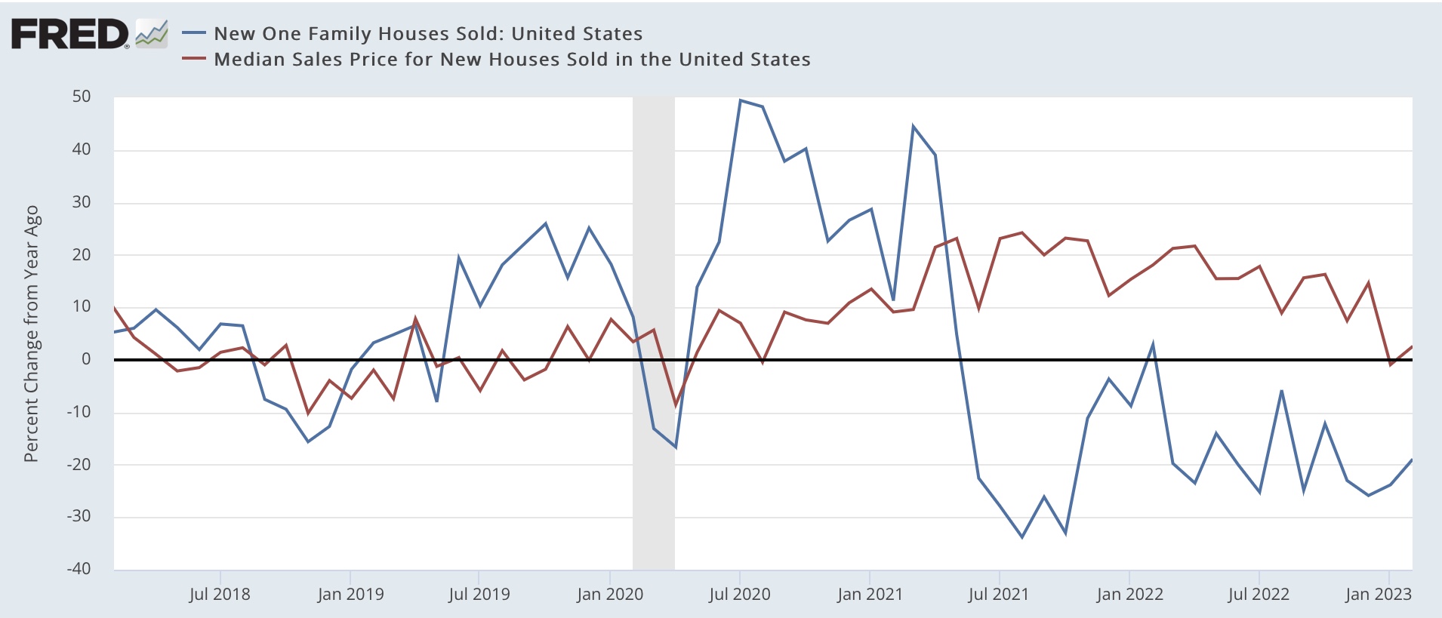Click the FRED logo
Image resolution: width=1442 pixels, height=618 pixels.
69,34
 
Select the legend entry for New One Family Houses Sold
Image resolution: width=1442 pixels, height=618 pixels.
427,34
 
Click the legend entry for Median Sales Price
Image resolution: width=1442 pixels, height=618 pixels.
511,60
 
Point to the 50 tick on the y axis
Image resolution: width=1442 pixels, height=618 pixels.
82,97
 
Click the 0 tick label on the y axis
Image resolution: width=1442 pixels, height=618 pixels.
86,359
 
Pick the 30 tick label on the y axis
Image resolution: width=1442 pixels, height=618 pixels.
82,202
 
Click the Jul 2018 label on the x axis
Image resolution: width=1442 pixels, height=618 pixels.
220,594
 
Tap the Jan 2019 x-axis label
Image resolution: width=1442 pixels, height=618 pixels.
350,594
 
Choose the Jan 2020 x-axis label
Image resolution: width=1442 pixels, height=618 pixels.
610,594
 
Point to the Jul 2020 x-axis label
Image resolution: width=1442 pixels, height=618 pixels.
740,594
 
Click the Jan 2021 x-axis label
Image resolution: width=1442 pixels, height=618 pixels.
870,594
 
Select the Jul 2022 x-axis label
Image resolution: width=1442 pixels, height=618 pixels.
1259,594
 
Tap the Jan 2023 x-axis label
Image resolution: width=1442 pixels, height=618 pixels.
1379,594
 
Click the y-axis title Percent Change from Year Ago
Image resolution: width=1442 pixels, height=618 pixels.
32,334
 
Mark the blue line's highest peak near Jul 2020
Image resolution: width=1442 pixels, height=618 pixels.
740,100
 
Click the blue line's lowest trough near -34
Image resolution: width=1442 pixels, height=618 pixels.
1022,537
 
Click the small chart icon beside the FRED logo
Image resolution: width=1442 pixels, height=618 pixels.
152,34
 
